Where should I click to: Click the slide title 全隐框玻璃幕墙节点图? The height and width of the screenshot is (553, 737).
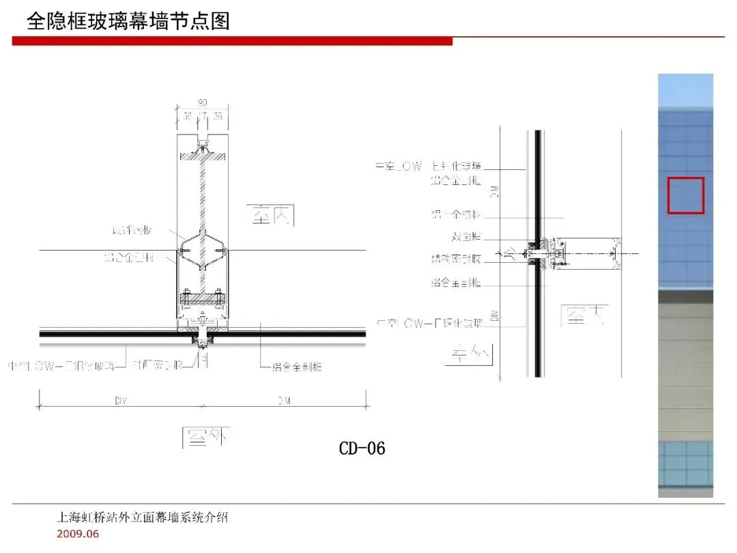(128, 21)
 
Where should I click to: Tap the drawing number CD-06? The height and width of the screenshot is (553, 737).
(362, 448)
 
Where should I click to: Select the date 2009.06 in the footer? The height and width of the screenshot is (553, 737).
(77, 534)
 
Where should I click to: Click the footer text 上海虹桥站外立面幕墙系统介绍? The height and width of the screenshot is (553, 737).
(142, 517)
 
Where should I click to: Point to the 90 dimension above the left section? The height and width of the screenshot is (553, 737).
(203, 103)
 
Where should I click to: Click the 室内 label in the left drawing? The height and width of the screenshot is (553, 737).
(270, 216)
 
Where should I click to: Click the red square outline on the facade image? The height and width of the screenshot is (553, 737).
(685, 195)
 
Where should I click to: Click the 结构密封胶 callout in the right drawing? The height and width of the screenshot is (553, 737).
(457, 259)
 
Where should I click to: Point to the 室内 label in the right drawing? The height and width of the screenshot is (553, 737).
(582, 315)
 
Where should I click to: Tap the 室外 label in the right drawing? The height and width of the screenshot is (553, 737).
(470, 353)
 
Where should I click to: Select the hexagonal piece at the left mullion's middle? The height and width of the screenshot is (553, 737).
(203, 252)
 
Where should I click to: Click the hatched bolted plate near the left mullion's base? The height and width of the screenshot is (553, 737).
(203, 298)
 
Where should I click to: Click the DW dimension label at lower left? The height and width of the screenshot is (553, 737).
(120, 401)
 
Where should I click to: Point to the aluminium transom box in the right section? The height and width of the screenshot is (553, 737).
(588, 253)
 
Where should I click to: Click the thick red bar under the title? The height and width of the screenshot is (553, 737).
(232, 42)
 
